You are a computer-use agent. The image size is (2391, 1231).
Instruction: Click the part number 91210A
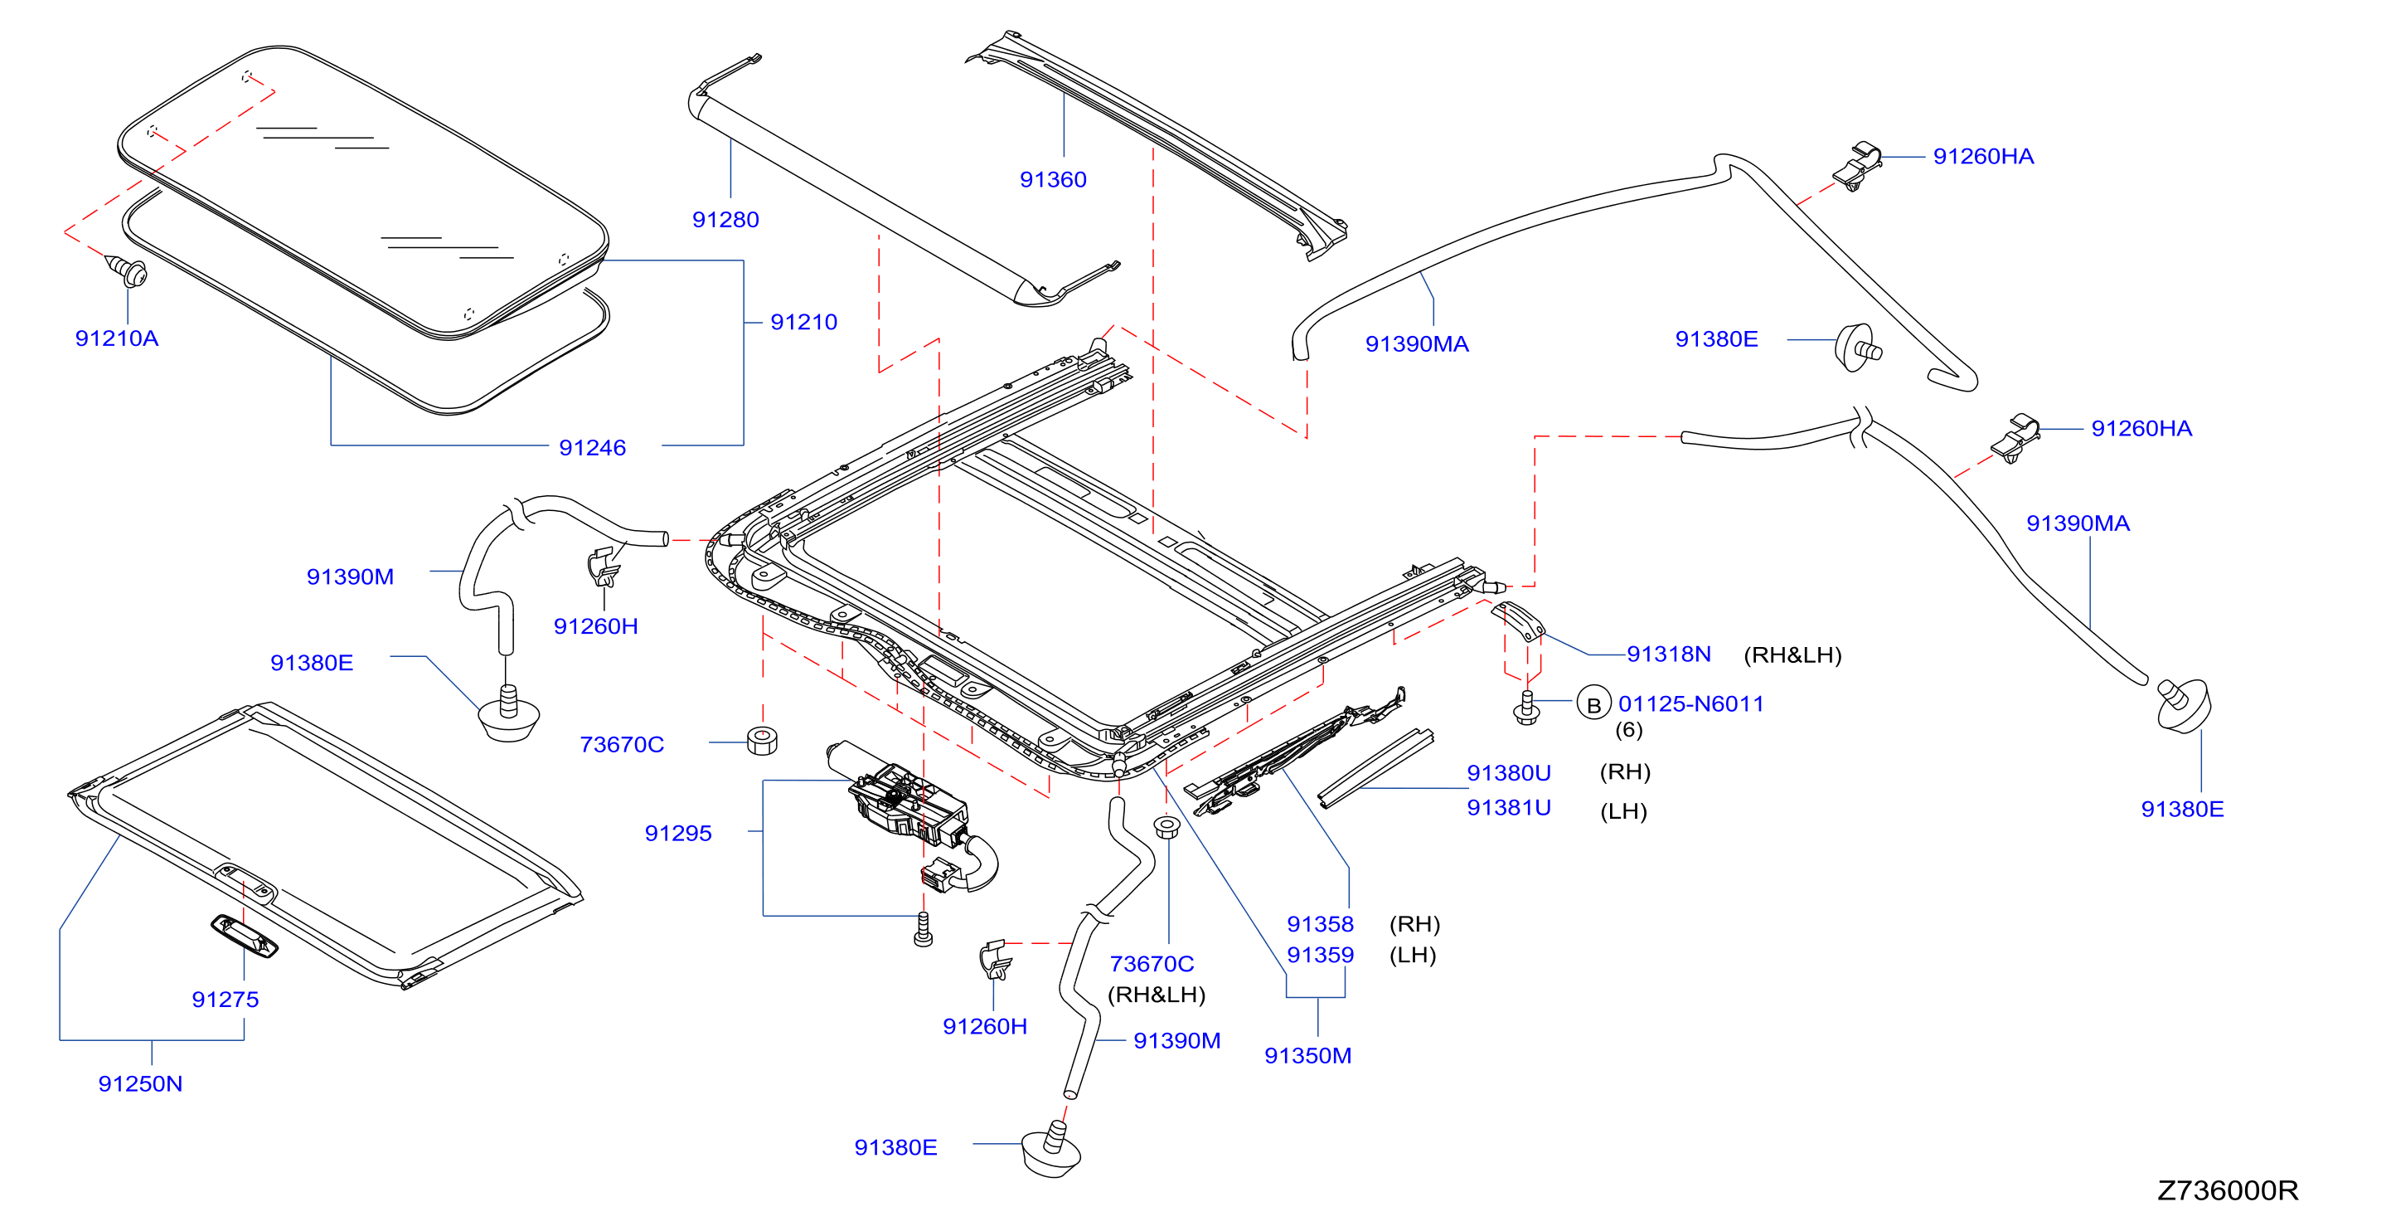(x=116, y=338)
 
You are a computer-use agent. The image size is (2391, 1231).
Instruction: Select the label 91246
(x=592, y=447)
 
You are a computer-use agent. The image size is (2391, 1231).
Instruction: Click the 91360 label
(x=1053, y=179)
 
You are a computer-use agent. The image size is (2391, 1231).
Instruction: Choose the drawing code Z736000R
(x=2227, y=1190)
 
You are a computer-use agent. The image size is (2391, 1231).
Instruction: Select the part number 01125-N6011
(x=1690, y=703)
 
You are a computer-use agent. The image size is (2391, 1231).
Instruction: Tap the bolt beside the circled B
(x=1526, y=708)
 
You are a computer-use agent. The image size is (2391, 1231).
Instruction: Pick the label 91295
(x=677, y=833)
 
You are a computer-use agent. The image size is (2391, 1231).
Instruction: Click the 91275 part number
(x=225, y=999)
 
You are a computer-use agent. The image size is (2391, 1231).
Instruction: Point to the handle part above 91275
(x=244, y=936)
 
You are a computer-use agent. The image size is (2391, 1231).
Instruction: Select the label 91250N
(x=140, y=1083)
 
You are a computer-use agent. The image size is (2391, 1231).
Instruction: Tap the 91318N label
(x=1668, y=654)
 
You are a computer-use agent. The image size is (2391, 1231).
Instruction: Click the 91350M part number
(x=1307, y=1055)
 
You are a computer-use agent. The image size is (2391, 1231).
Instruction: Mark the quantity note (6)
(x=1628, y=730)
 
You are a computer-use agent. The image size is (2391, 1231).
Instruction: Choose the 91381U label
(x=1508, y=808)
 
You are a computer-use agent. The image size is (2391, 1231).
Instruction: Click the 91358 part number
(x=1320, y=924)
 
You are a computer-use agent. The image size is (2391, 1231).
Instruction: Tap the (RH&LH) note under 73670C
(x=1157, y=995)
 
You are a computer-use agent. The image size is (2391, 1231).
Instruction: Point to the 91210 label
(x=804, y=322)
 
